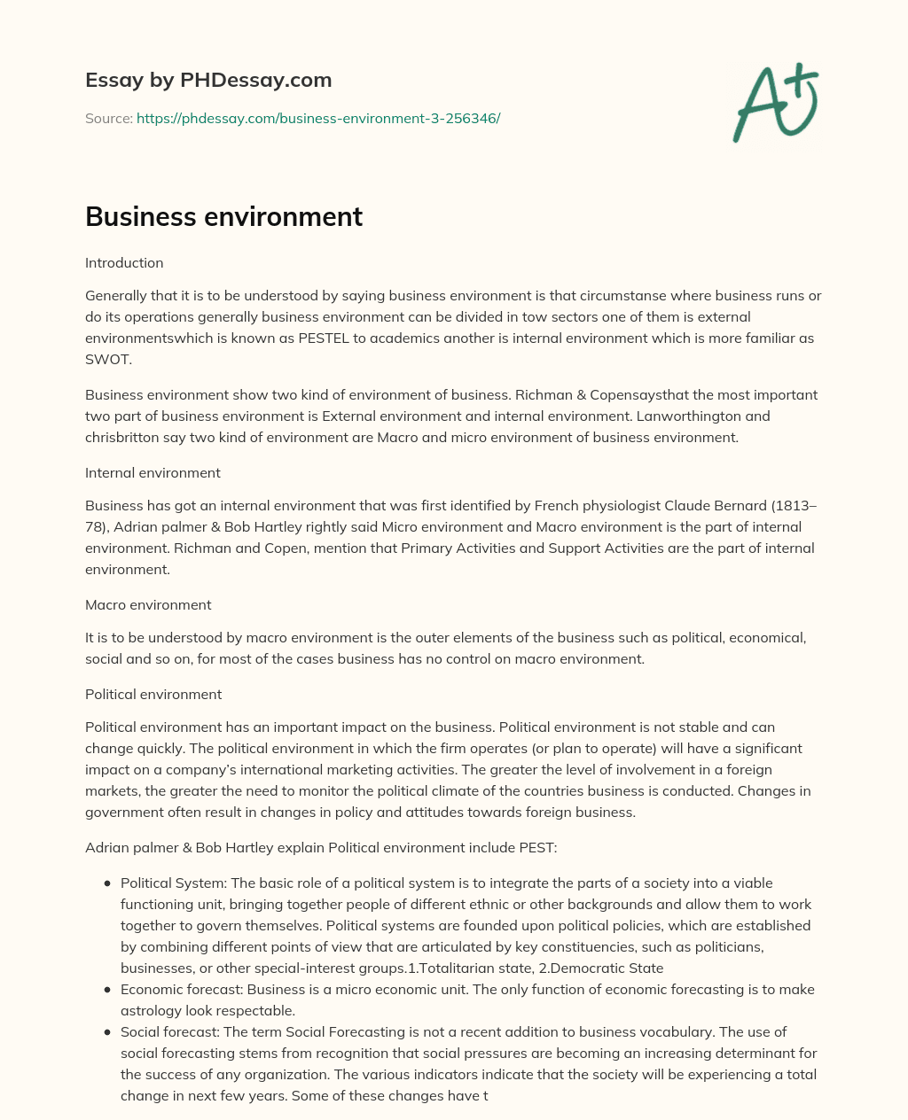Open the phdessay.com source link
[x=318, y=118]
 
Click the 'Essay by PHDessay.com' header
[x=208, y=80]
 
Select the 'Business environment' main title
[x=223, y=216]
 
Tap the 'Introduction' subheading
[x=124, y=263]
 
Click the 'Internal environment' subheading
[x=153, y=473]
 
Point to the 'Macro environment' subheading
[x=148, y=605]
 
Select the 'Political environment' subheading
[x=153, y=694]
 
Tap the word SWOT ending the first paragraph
[x=106, y=359]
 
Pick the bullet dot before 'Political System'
[x=107, y=883]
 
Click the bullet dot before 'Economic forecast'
[x=107, y=990]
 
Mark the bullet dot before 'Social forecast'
[x=107, y=1032]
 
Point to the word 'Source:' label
[x=108, y=118]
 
